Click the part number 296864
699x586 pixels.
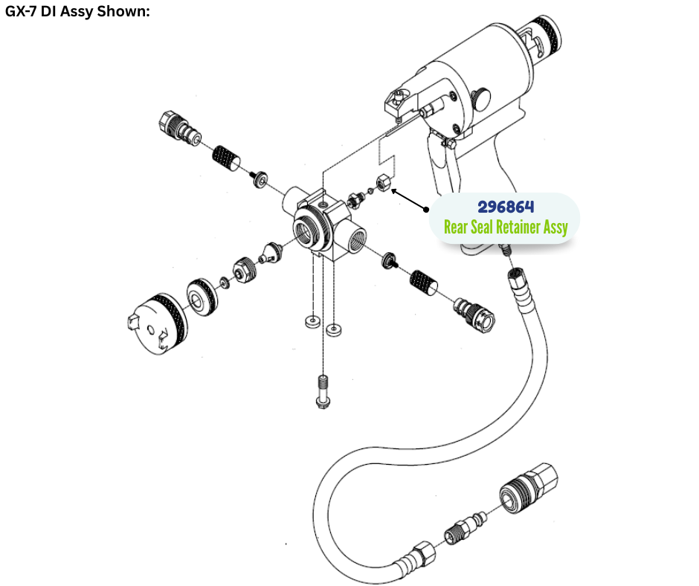point(506,207)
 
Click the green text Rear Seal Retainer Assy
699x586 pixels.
point(506,227)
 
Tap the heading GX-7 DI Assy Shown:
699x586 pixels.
point(77,11)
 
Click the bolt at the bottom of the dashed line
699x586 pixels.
point(323,392)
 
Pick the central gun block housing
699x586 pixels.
point(323,225)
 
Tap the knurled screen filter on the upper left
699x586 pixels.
point(225,158)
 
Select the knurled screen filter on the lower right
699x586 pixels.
point(423,283)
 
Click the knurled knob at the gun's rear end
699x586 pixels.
point(545,33)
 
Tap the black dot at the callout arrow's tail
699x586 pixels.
point(426,209)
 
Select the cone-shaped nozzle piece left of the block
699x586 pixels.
point(272,252)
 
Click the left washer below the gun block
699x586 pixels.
point(312,321)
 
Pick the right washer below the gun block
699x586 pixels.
point(334,330)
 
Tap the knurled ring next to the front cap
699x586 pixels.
point(202,297)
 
